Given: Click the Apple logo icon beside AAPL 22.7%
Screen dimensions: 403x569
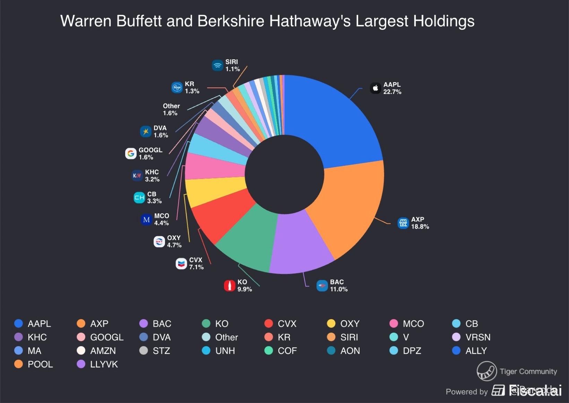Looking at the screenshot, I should click(375, 88).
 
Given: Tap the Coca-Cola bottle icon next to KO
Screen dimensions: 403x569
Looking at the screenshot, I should click(229, 285).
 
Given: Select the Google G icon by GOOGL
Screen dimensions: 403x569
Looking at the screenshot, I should click(131, 153).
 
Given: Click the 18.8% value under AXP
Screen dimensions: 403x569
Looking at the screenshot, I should click(420, 227).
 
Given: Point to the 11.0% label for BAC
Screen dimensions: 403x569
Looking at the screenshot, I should click(338, 289).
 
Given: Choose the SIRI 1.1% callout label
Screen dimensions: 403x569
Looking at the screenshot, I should click(232, 65).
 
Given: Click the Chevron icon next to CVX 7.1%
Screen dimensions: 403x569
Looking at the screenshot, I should click(181, 264).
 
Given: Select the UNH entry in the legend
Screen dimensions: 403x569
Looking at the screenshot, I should click(225, 351).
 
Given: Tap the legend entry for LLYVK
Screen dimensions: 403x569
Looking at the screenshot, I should click(104, 364).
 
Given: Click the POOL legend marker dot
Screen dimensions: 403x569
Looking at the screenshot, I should click(18, 364).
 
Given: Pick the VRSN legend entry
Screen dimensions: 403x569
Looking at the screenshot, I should click(477, 337).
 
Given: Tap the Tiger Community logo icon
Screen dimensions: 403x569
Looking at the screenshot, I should click(486, 371).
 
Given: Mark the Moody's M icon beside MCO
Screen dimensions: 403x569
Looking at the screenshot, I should click(146, 220).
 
